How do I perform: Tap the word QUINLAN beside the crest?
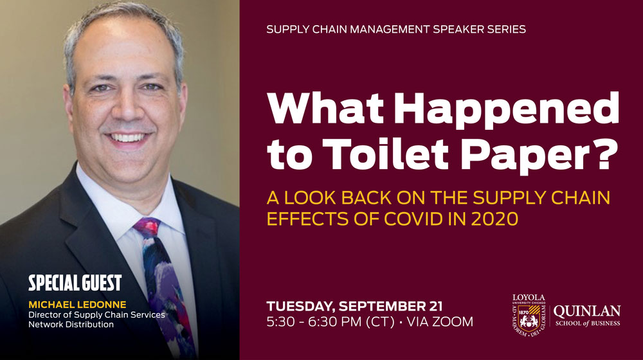[x=587, y=311]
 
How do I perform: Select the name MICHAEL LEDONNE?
[x=77, y=305]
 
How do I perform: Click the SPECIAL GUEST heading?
[x=75, y=283]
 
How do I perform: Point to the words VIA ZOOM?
[x=440, y=321]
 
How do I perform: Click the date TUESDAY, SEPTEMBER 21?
[x=354, y=306]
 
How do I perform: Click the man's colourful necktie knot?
[x=147, y=228]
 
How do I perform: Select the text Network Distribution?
[x=71, y=325]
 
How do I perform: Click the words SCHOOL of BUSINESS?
[x=588, y=323]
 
